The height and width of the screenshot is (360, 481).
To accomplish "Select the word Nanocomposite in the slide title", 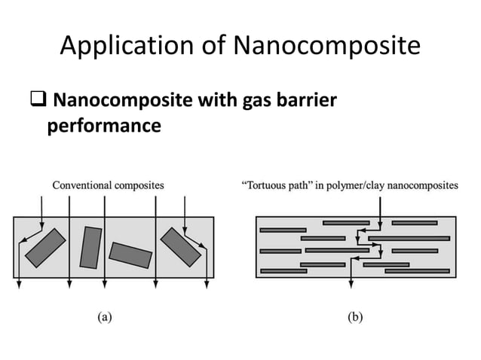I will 326,47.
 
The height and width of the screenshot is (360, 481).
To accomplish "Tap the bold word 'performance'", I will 104,125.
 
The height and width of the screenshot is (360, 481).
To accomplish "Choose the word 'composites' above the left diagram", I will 139,185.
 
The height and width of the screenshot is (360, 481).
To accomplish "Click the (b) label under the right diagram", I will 354,317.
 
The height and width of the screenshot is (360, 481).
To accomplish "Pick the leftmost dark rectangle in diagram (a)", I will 45,248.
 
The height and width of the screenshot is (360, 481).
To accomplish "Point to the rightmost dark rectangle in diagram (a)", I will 180,247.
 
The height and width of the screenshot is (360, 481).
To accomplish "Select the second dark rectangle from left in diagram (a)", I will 90,246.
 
